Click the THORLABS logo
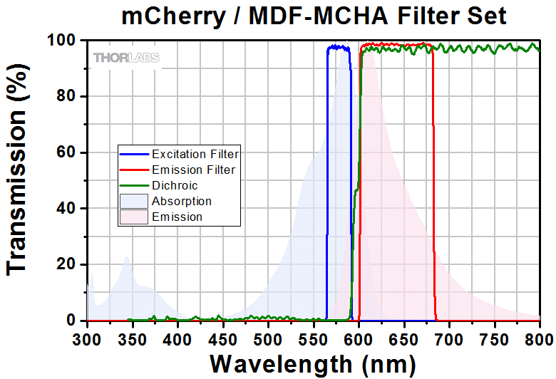point(125,57)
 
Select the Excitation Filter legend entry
point(194,153)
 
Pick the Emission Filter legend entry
point(192,170)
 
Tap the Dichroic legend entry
point(175,185)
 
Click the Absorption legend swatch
point(133,201)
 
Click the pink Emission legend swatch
point(133,217)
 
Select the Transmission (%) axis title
point(18,182)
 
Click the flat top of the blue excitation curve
point(339,48)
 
